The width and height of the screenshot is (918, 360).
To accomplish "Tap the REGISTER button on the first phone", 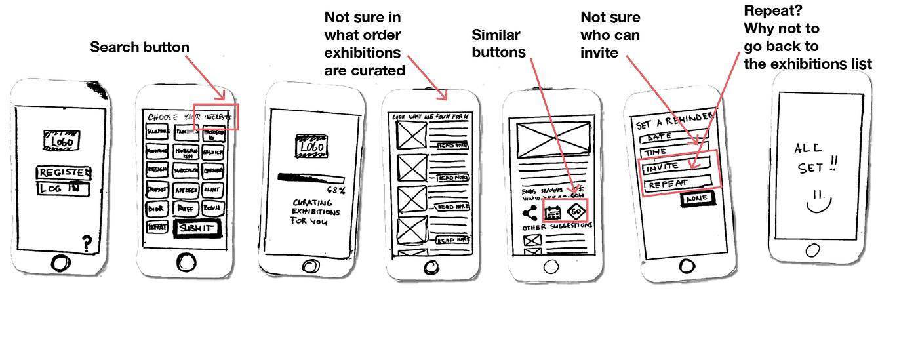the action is (63, 173).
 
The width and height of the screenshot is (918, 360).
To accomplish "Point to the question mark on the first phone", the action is (86, 243).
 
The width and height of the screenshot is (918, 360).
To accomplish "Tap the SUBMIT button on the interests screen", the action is (196, 228).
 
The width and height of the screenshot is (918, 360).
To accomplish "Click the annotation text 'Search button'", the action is (140, 47).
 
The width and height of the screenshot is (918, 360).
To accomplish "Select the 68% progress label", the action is (335, 190).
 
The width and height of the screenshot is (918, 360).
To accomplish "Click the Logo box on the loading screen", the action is (312, 147).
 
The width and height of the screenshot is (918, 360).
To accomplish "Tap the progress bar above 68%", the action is (311, 178).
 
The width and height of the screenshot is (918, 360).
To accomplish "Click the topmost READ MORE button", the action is (453, 145).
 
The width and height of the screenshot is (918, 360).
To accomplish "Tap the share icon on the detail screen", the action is (529, 212).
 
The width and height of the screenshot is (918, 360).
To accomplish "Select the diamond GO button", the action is (576, 211).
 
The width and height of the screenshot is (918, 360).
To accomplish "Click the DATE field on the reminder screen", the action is (673, 138).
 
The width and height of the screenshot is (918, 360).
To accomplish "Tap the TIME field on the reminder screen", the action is (673, 152).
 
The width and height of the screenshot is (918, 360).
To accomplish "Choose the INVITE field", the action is (675, 167).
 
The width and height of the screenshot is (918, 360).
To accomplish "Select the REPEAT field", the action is (677, 183).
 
